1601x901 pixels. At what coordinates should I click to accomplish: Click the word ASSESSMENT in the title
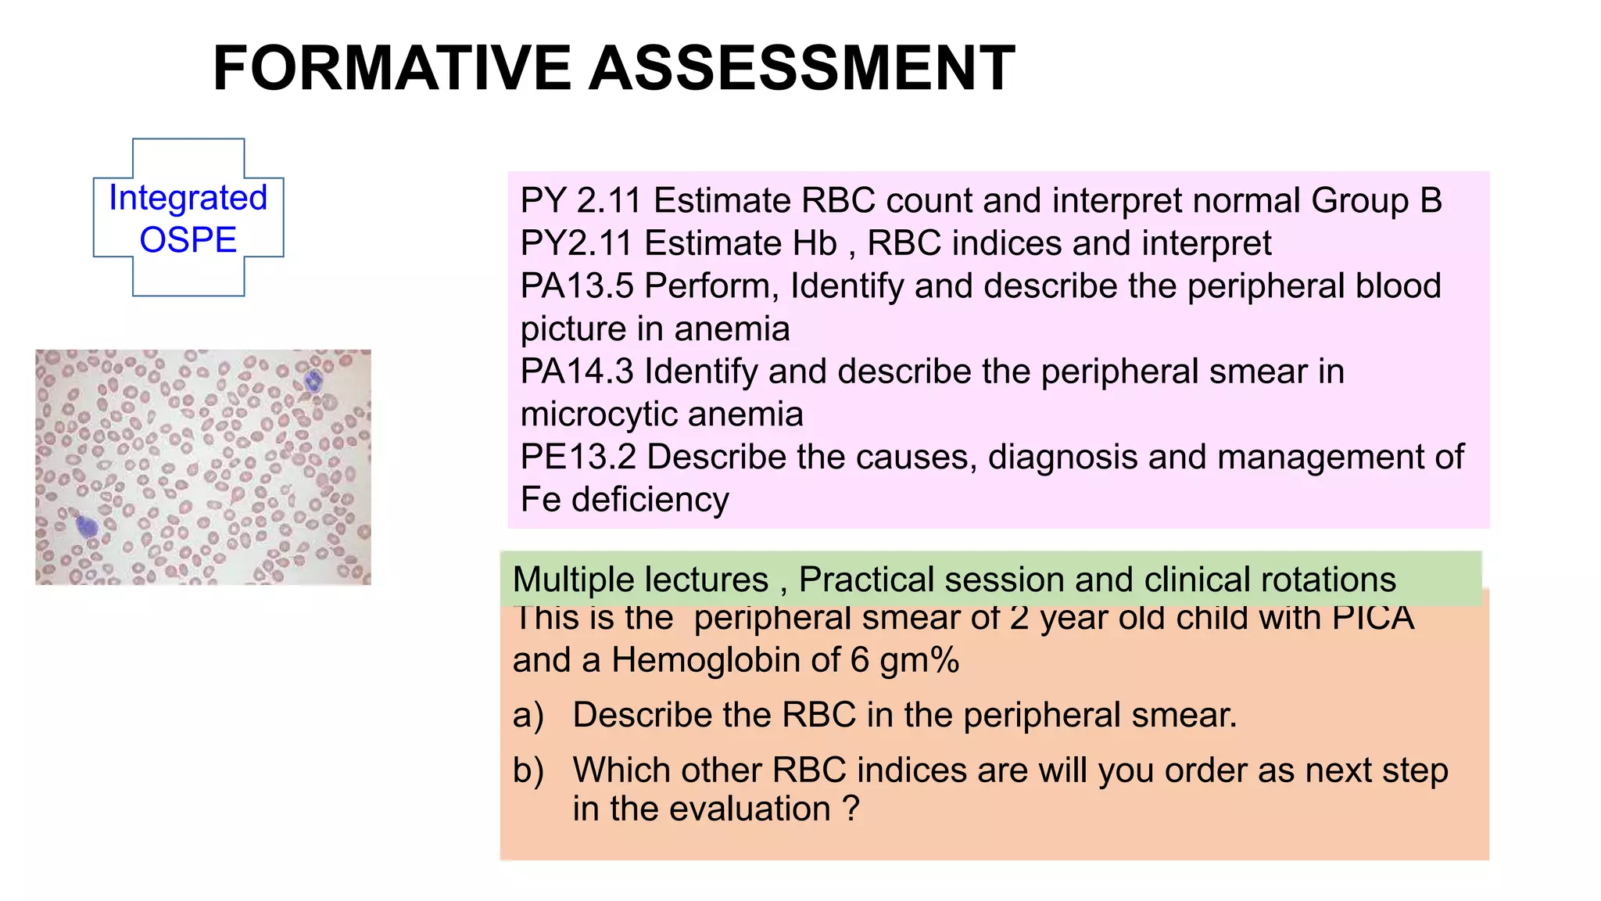coord(801,69)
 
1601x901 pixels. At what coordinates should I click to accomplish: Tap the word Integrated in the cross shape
coord(188,198)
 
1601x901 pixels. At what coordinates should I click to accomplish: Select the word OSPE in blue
coord(188,239)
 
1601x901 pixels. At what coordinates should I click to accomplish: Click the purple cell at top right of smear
coord(313,382)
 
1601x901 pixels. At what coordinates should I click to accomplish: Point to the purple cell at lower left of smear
coord(87,526)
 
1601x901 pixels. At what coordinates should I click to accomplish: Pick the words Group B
coord(1376,201)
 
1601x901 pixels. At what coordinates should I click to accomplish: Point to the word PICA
coord(1373,618)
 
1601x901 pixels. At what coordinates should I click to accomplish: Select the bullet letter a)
coord(528,716)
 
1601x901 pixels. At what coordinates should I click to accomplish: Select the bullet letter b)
coord(528,770)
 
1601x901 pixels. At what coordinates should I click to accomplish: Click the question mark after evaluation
coord(851,809)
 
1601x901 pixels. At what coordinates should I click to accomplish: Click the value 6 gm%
coord(904,660)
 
